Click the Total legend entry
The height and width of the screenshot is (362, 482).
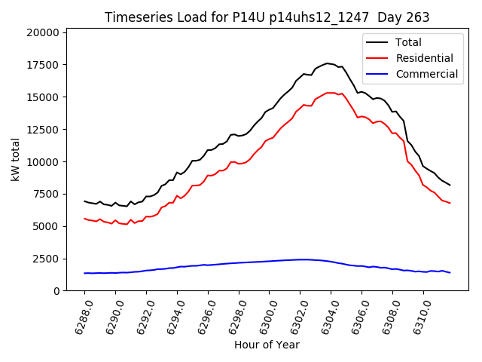[x=409, y=42]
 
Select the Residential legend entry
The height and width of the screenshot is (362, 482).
[x=425, y=58]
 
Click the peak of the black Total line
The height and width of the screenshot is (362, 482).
[x=327, y=63]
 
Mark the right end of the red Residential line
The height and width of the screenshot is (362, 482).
[x=450, y=203]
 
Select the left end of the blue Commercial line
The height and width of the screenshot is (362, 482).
[x=84, y=273]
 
